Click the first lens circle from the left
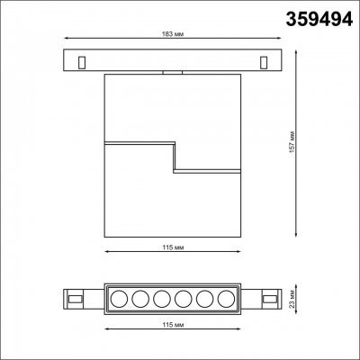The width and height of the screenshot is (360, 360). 118,299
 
